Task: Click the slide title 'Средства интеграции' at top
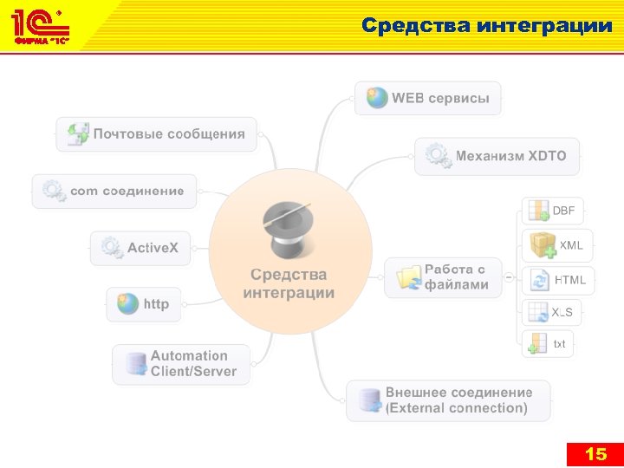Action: pyautogui.click(x=487, y=25)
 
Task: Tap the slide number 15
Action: pyautogui.click(x=595, y=454)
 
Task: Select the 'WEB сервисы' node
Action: pyautogui.click(x=428, y=98)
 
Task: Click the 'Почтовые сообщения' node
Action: pyautogui.click(x=157, y=134)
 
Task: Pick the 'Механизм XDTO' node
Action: pyautogui.click(x=497, y=156)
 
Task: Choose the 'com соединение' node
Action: pyautogui.click(x=114, y=191)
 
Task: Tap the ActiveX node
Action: pyautogui.click(x=140, y=248)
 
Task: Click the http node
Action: pyautogui.click(x=144, y=304)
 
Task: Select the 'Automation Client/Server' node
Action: pyautogui.click(x=180, y=364)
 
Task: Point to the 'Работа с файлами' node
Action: pyautogui.click(x=443, y=277)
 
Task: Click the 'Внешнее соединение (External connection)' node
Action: pyautogui.click(x=448, y=400)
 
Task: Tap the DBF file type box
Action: pyautogui.click(x=553, y=211)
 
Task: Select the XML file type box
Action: pyautogui.click(x=557, y=245)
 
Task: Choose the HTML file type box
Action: pyautogui.click(x=558, y=280)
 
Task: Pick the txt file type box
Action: pyautogui.click(x=549, y=344)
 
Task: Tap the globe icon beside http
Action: pyautogui.click(x=128, y=304)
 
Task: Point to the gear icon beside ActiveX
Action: pyautogui.click(x=111, y=248)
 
